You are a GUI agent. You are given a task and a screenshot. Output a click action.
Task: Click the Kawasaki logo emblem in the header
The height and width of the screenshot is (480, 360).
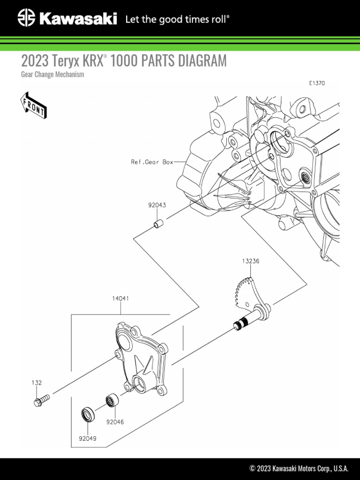pos(26,19)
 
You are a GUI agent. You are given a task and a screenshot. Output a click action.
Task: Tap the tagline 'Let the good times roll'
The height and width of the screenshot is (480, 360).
pos(177,19)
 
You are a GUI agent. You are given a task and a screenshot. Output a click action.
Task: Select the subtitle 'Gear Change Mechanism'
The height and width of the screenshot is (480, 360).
pos(52,75)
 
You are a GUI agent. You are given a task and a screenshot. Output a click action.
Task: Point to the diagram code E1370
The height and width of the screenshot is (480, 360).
pos(317,83)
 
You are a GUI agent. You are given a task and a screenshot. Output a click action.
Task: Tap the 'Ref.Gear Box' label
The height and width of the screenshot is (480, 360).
pos(151,162)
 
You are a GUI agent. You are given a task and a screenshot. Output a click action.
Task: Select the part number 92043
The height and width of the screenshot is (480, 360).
pos(157,205)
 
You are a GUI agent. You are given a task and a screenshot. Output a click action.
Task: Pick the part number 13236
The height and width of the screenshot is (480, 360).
pos(250,261)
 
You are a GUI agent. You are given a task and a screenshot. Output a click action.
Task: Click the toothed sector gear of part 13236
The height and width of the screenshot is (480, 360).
pos(243,291)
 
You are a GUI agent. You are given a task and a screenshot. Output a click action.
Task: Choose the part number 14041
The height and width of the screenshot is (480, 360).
pos(120,298)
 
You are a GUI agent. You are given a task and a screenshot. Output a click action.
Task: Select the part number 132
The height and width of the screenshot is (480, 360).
pos(37,383)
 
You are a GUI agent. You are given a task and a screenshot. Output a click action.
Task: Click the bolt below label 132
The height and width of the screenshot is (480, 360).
pos(42,400)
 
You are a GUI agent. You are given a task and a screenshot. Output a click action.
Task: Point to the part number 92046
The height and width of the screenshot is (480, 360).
pos(115,422)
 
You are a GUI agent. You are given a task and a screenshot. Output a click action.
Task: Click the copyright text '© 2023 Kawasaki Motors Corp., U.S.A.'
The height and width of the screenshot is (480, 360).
pos(299,468)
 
